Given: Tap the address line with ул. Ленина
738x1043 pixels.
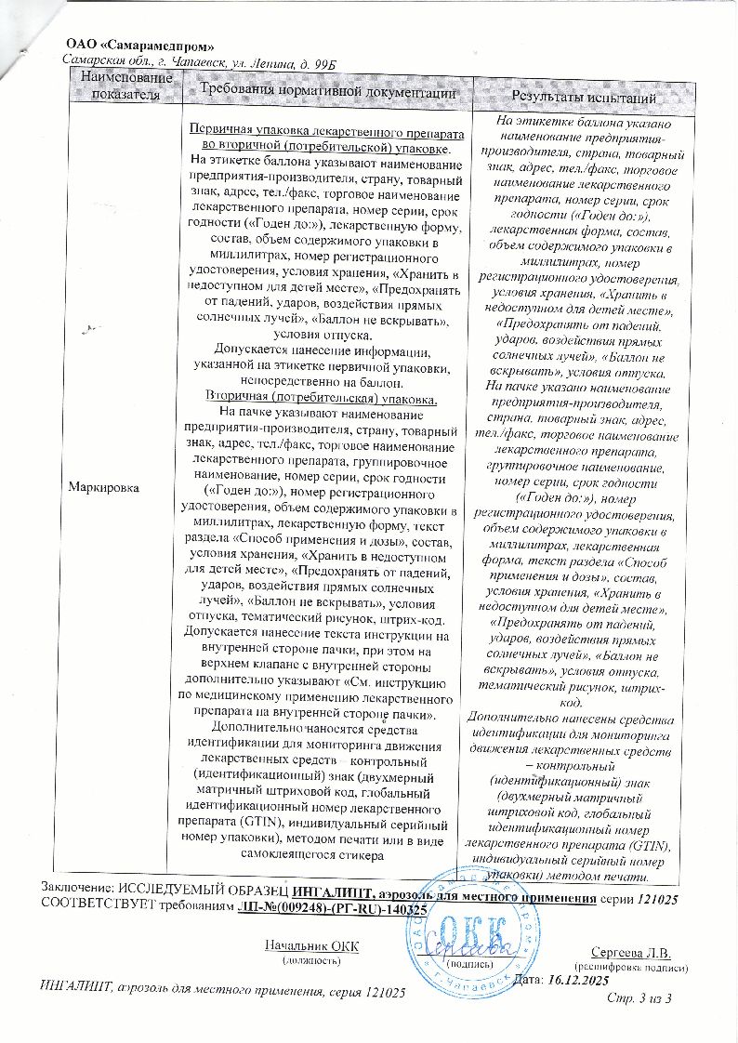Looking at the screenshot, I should (x=198, y=62).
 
